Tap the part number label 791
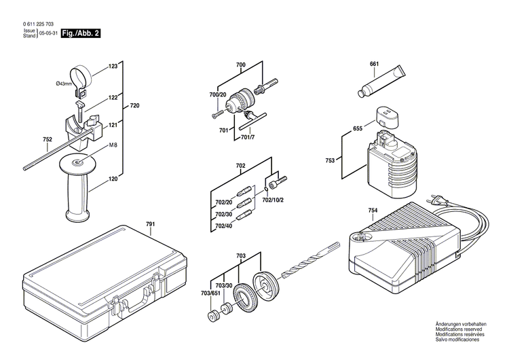pyautogui.click(x=150, y=223)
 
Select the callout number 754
pyautogui.click(x=373, y=211)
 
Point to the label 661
pyautogui.click(x=374, y=65)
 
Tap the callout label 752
pyautogui.click(x=47, y=141)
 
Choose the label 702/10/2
pyautogui.click(x=274, y=200)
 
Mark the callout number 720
pyautogui.click(x=134, y=106)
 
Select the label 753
pyautogui.click(x=330, y=160)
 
